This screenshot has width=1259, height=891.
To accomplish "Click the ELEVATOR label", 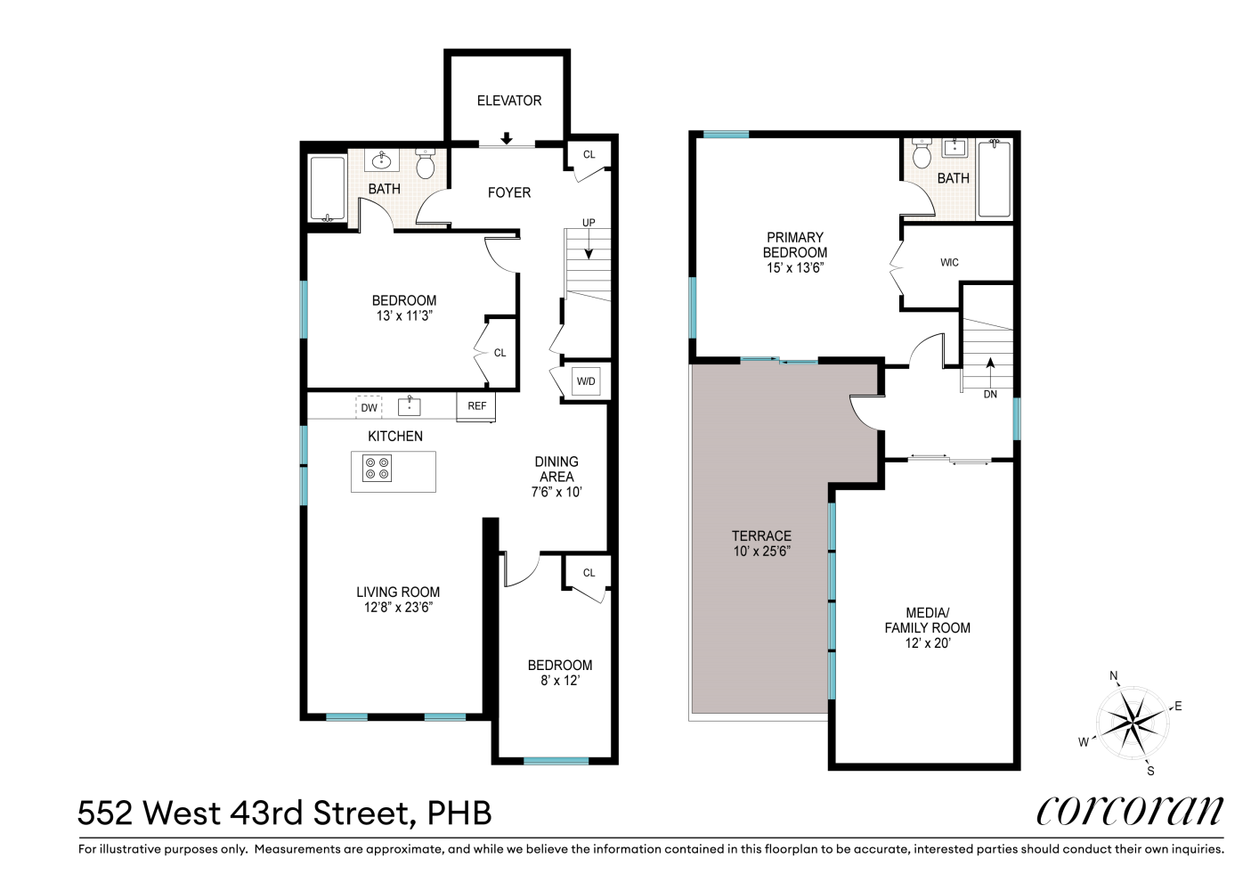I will [508, 101].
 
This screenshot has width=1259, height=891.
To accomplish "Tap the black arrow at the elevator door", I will [507, 138].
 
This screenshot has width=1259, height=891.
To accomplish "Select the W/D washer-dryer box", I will [586, 381].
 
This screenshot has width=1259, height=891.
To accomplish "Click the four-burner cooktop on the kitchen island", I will [377, 469].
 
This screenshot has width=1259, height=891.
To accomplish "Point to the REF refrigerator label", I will [477, 406].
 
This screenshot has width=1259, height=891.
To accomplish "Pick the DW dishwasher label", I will [369, 408].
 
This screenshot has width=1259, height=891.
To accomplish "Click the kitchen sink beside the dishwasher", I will [409, 406].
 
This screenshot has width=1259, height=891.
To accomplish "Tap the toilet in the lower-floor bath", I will [426, 164].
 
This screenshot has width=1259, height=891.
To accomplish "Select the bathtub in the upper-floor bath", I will [994, 178].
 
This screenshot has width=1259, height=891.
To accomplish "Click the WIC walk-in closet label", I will [949, 263].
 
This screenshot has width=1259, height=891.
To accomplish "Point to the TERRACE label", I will [761, 535].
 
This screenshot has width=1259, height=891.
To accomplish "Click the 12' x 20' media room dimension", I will [928, 643].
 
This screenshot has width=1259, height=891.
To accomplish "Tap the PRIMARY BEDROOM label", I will [795, 245].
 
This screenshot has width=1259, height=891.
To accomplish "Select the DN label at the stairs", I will [990, 395].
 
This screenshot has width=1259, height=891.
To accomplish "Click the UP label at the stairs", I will [589, 223].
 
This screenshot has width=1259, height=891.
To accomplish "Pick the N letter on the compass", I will [1114, 676].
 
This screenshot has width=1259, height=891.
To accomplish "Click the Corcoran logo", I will [1129, 811].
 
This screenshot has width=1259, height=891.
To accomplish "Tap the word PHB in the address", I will [459, 813].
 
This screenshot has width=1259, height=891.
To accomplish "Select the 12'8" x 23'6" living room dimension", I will [398, 608].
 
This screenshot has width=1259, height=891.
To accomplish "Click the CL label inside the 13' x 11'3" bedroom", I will [500, 353].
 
